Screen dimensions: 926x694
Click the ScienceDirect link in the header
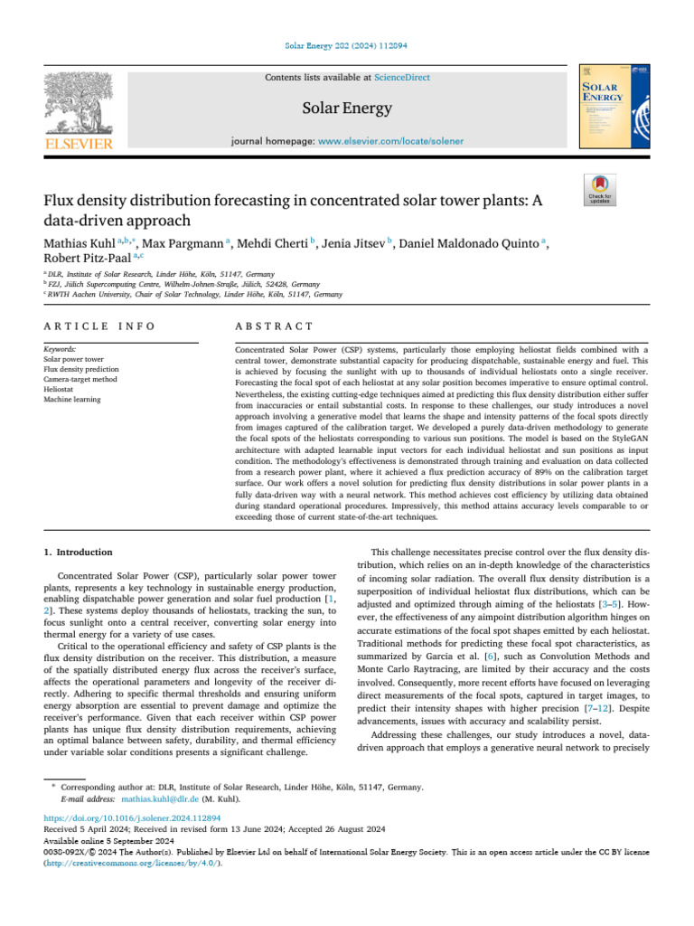(x=406, y=78)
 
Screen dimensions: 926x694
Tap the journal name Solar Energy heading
(x=347, y=109)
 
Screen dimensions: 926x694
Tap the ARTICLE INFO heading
(x=99, y=326)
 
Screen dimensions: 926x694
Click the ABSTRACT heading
(x=274, y=326)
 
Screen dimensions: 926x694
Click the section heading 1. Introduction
(x=79, y=552)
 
